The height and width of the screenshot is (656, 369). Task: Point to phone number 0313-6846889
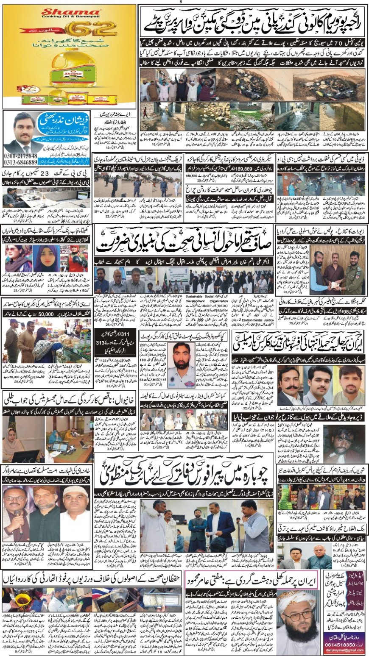[x=20, y=163]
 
